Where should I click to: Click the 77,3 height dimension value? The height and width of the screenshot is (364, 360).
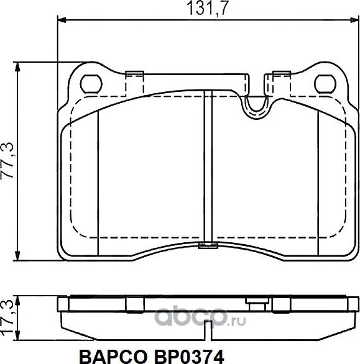pyautogui.click(x=9, y=160)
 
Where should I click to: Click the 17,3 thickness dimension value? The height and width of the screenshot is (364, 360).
pyautogui.click(x=9, y=316)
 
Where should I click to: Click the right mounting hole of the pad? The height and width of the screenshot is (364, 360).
pyautogui.click(x=324, y=83)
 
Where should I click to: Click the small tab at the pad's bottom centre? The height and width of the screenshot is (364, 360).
pyautogui.click(x=208, y=247)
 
